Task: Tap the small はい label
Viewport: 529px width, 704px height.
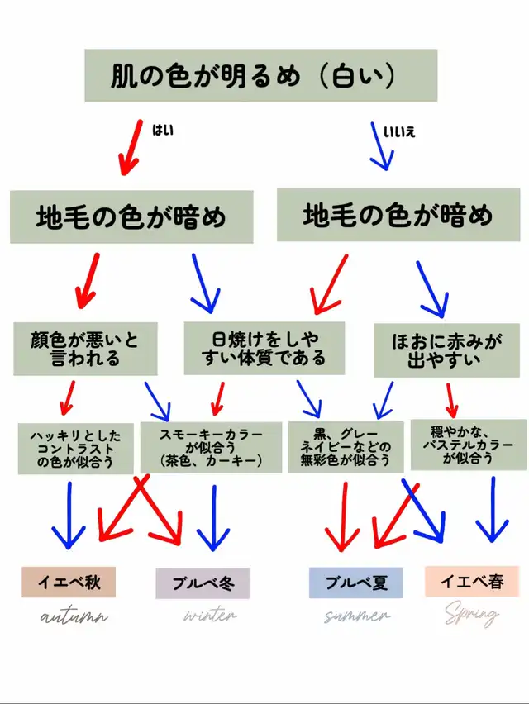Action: tap(163, 129)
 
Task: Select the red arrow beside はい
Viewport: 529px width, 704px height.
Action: tap(130, 147)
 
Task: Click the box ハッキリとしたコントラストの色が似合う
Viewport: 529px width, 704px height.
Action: tap(76, 449)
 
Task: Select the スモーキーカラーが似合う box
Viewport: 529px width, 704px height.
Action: tap(211, 446)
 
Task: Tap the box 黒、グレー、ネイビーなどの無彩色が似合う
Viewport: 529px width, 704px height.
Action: tap(346, 447)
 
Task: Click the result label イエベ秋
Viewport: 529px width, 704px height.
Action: tap(69, 583)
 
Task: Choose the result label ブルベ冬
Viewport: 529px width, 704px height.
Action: tap(203, 583)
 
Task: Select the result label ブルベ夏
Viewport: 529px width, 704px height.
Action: tap(348, 583)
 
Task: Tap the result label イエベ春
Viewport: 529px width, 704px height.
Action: tap(472, 582)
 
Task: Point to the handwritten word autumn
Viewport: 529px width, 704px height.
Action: tap(74, 616)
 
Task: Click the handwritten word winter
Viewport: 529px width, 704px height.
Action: tap(210, 616)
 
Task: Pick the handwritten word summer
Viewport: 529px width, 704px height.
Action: tap(356, 616)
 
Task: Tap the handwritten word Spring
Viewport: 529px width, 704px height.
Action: tap(472, 615)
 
